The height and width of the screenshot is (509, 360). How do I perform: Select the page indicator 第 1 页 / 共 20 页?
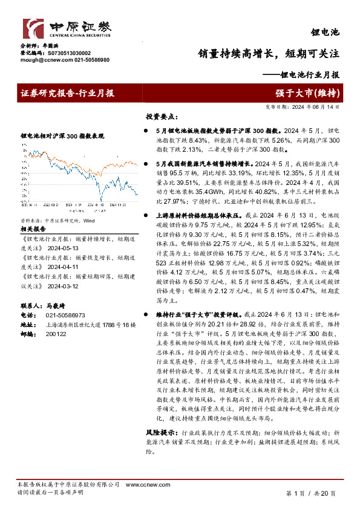click(310, 494)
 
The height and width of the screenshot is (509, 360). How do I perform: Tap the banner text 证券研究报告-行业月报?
click(67, 92)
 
